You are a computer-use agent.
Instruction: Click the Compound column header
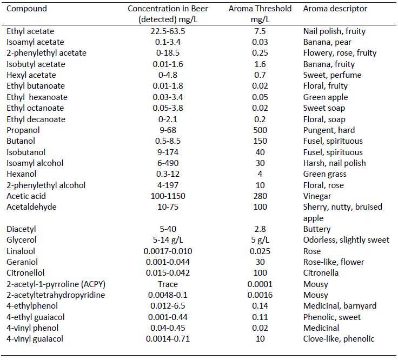click(x=27, y=9)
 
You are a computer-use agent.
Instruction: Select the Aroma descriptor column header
click(x=335, y=9)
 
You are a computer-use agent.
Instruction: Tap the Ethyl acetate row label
click(x=30, y=31)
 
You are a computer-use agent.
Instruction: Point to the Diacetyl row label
click(x=22, y=229)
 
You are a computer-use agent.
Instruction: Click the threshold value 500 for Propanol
click(x=260, y=130)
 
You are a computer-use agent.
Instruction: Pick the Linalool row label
click(x=22, y=251)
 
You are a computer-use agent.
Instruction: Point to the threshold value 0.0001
click(x=260, y=284)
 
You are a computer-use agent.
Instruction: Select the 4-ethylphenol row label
click(x=30, y=306)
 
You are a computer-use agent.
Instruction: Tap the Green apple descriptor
click(x=326, y=97)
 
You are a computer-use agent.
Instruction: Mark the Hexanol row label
click(x=22, y=174)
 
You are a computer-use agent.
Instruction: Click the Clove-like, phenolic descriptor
click(x=339, y=339)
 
